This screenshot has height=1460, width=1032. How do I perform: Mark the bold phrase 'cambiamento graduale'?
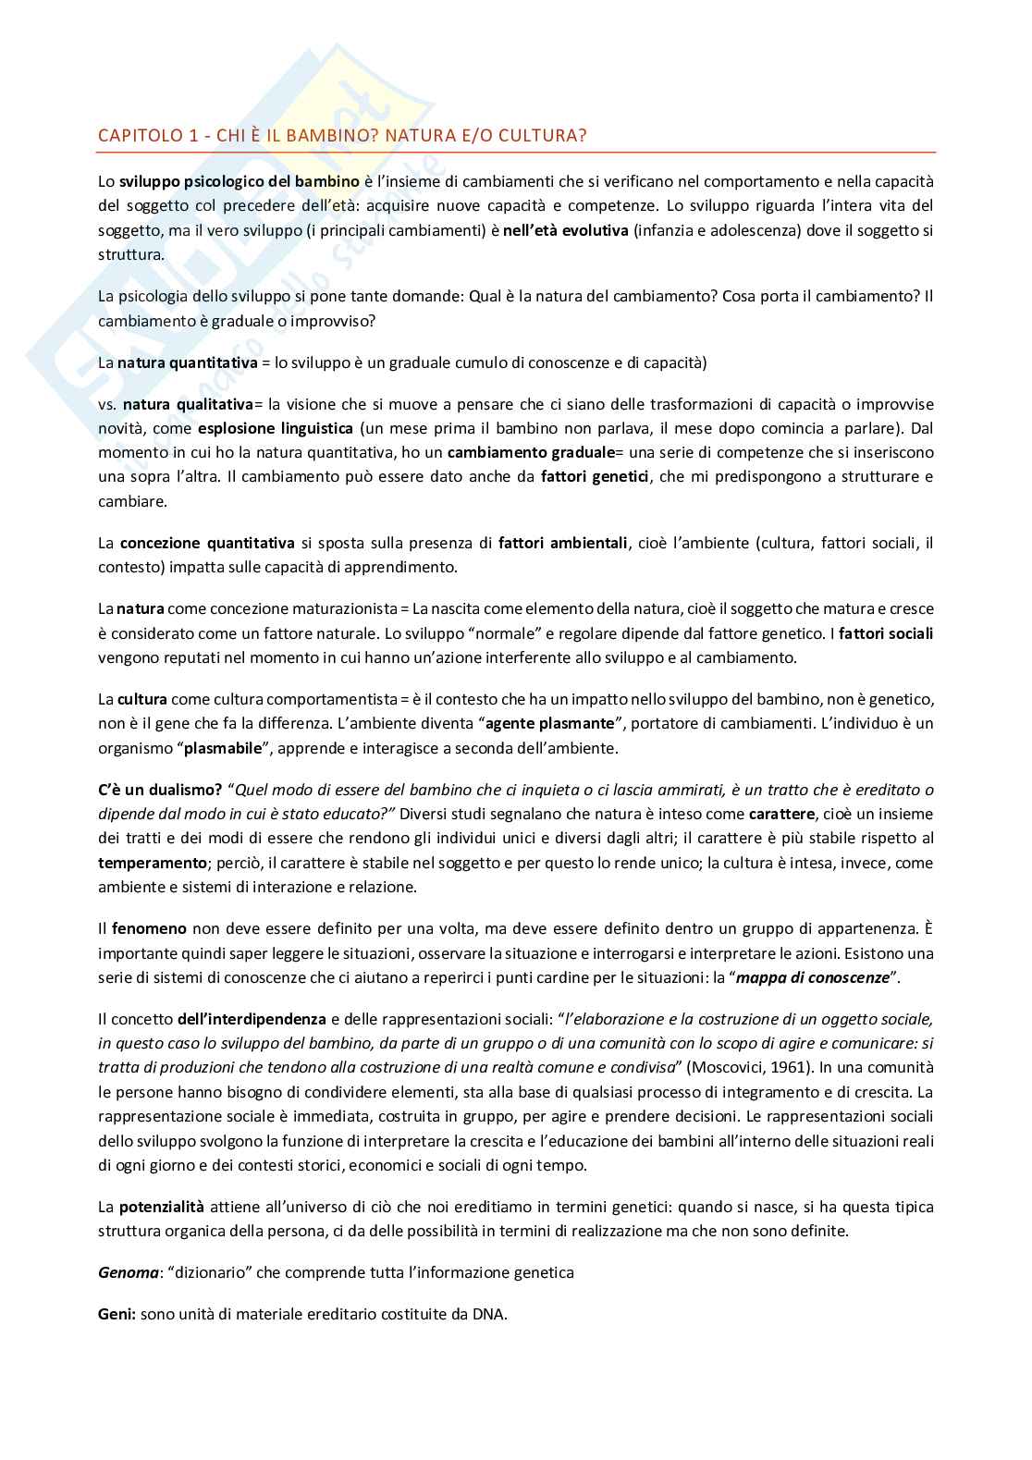[530, 452]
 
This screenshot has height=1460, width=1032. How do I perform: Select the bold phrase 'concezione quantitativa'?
[207, 543]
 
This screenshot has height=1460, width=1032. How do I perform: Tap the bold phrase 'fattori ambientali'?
[563, 543]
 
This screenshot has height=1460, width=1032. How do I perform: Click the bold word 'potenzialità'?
[162, 1207]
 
